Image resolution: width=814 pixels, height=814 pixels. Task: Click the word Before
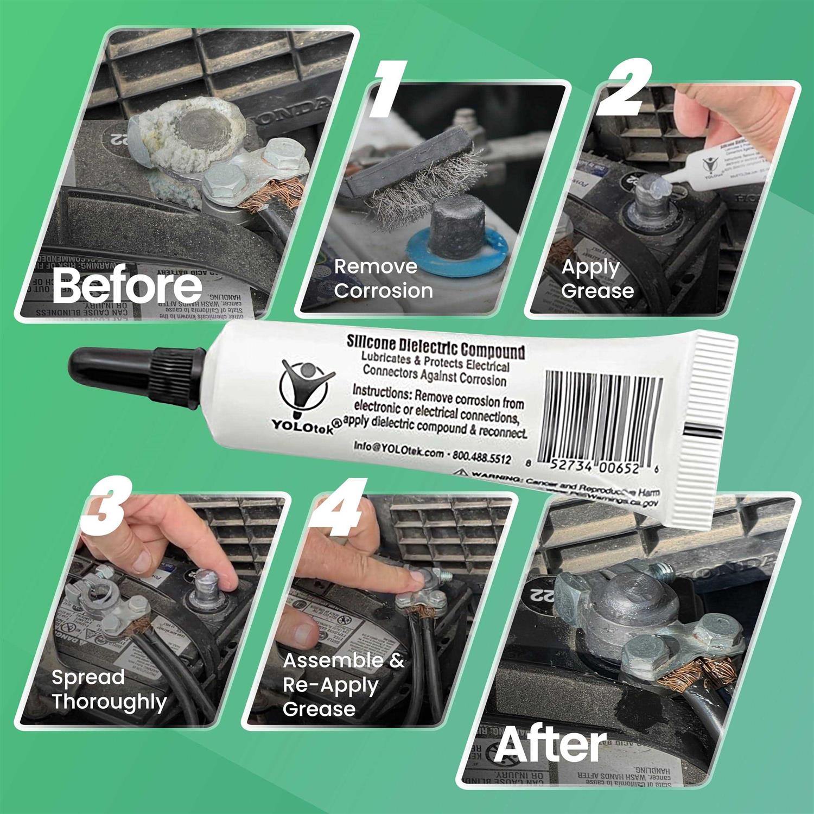pyautogui.click(x=127, y=286)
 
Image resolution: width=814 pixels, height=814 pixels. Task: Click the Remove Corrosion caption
pyautogui.click(x=383, y=278)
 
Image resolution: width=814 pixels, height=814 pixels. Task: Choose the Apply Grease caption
pyautogui.click(x=597, y=279)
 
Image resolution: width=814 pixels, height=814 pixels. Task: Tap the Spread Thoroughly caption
pyautogui.click(x=109, y=689)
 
